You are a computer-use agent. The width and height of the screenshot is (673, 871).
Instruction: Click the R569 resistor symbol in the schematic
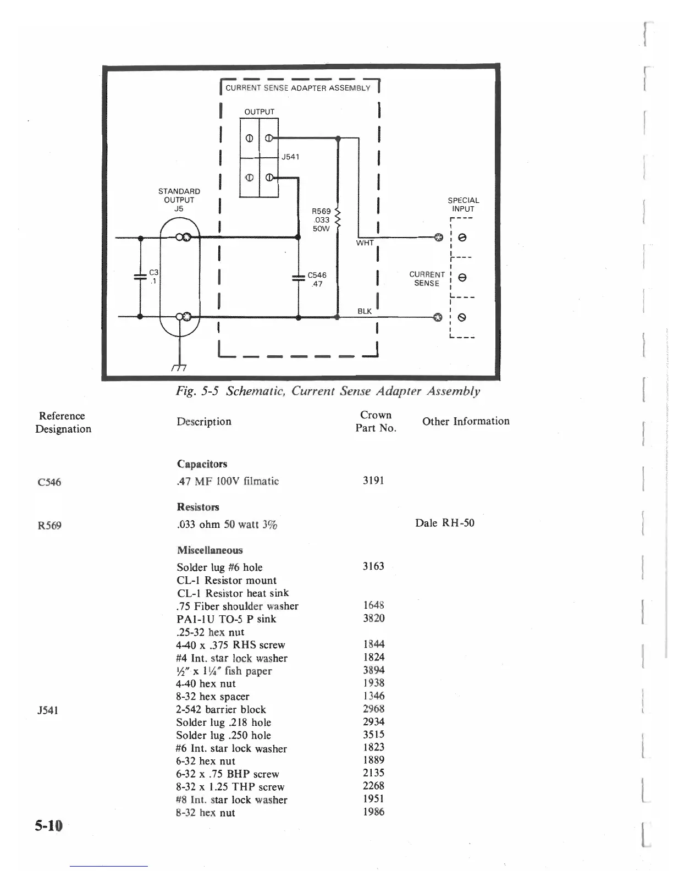(338, 219)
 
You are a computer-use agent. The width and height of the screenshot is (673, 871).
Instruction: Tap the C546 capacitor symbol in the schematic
(298, 279)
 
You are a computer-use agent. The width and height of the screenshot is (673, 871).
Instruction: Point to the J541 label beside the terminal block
(290, 157)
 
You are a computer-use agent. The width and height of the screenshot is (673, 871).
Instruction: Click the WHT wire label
(365, 242)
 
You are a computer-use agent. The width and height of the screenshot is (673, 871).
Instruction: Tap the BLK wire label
(365, 311)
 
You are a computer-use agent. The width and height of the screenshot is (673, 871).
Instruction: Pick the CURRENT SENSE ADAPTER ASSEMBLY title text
(297, 88)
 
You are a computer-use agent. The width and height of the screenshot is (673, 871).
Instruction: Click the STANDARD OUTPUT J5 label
(179, 200)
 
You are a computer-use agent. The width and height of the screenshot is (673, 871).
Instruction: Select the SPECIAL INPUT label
(463, 205)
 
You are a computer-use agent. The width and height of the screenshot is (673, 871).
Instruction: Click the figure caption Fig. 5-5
(328, 391)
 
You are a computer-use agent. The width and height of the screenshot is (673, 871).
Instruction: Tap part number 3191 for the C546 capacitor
(373, 481)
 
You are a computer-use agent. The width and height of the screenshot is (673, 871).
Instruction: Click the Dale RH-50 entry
(444, 523)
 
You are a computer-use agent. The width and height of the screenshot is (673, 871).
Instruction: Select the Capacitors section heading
(202, 464)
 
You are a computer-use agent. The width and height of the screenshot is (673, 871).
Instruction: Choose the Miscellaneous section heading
(209, 550)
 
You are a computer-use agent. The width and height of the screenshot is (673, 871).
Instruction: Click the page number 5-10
(49, 825)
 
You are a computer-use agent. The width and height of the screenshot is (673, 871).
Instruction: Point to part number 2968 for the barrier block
(373, 709)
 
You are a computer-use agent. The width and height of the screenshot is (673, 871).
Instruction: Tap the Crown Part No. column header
(376, 421)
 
